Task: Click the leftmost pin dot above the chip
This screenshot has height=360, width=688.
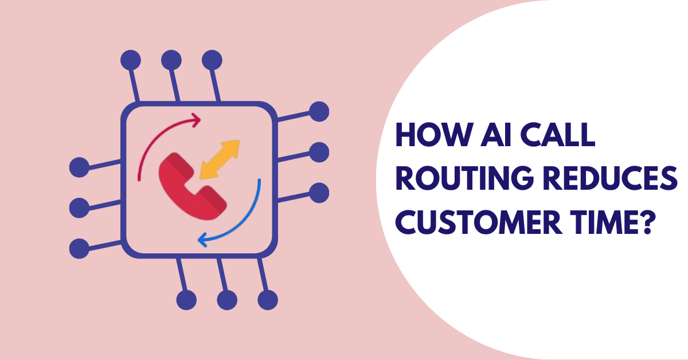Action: click(x=131, y=60)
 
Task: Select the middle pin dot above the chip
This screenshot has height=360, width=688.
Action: click(x=171, y=60)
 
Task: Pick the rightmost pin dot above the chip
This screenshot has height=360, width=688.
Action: click(x=212, y=60)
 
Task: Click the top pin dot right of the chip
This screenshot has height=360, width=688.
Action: click(x=319, y=111)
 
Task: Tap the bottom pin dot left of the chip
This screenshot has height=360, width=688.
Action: click(x=79, y=248)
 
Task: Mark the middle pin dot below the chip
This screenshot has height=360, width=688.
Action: click(x=227, y=299)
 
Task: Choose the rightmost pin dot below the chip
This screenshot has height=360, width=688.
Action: click(x=268, y=299)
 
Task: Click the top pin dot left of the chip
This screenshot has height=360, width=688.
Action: click(x=79, y=167)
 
